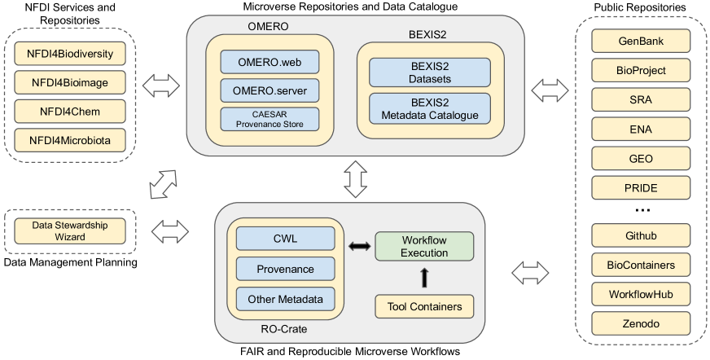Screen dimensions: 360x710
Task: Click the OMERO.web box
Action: coord(269,62)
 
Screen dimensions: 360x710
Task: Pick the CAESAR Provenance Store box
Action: coord(269,118)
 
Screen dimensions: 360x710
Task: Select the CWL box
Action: coord(285,238)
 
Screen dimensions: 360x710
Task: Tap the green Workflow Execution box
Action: coord(424,247)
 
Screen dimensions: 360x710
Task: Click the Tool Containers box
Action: coord(424,307)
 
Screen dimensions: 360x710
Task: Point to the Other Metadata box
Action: coord(285,298)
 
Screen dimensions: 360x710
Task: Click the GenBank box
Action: coord(641,42)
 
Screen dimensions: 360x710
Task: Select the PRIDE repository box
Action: coord(641,188)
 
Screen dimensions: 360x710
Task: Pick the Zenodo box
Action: coord(641,323)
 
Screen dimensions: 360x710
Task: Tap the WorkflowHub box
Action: coord(641,292)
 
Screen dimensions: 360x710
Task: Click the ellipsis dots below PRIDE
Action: coord(642,212)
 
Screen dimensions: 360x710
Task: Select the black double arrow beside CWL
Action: coord(356,246)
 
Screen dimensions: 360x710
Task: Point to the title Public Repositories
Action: coord(641,7)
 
